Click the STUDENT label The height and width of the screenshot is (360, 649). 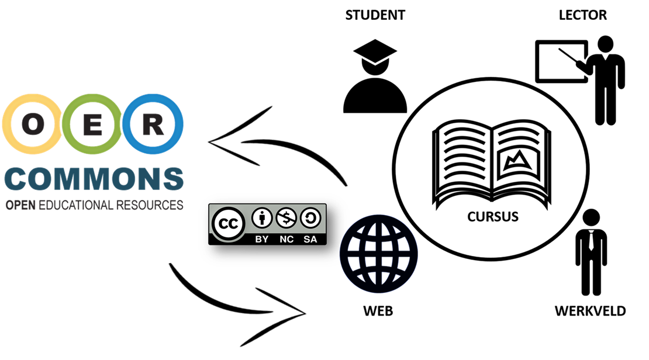375,15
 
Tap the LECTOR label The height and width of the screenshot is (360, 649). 582,15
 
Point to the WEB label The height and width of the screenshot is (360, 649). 378,311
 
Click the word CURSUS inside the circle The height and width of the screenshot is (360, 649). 492,217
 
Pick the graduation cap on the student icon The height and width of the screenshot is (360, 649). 374,57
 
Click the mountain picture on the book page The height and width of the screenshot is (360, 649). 517,161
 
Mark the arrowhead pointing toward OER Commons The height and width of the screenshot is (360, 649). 219,142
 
